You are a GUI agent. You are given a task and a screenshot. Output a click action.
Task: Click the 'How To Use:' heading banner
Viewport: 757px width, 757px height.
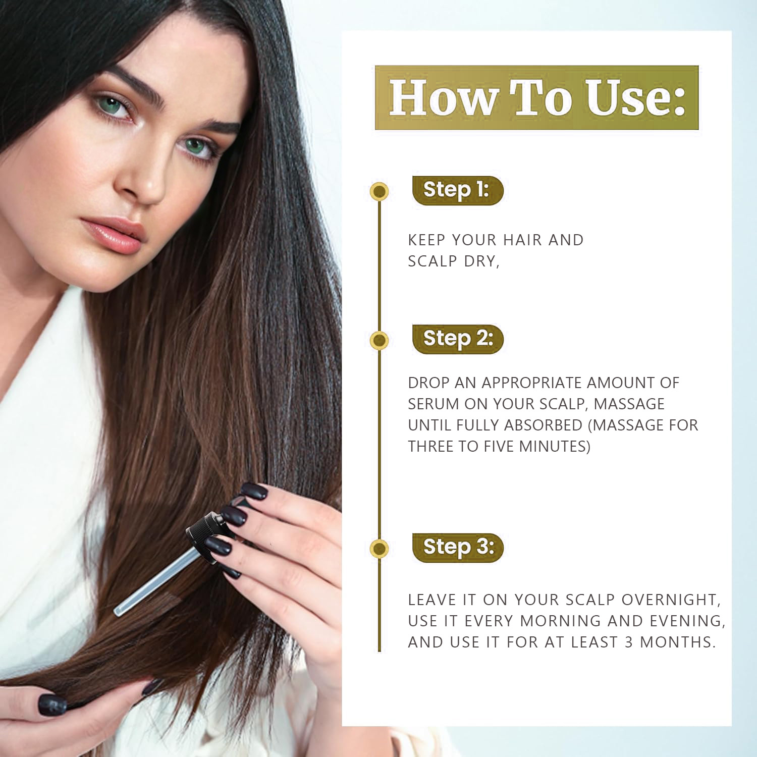tap(536, 97)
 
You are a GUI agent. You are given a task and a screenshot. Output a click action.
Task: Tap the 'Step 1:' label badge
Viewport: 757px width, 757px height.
tap(458, 190)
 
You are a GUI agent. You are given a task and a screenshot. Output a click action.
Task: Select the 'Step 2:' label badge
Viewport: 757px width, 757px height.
tap(458, 339)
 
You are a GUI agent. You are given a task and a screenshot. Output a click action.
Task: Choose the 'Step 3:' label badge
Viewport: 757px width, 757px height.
tap(458, 548)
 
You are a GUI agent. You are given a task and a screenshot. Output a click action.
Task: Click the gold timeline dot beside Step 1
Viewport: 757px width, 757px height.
tap(379, 191)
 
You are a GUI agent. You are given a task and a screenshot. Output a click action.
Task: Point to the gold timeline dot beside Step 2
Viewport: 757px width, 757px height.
tap(379, 340)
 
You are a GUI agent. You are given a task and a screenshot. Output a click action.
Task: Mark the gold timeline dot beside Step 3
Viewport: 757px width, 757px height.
tap(379, 549)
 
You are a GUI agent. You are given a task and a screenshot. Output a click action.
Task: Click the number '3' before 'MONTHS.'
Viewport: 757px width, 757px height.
tap(629, 642)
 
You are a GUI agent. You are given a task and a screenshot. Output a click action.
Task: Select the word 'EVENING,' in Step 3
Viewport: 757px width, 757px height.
tap(688, 621)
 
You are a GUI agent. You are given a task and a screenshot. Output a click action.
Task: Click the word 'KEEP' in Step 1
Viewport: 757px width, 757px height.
tap(427, 240)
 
